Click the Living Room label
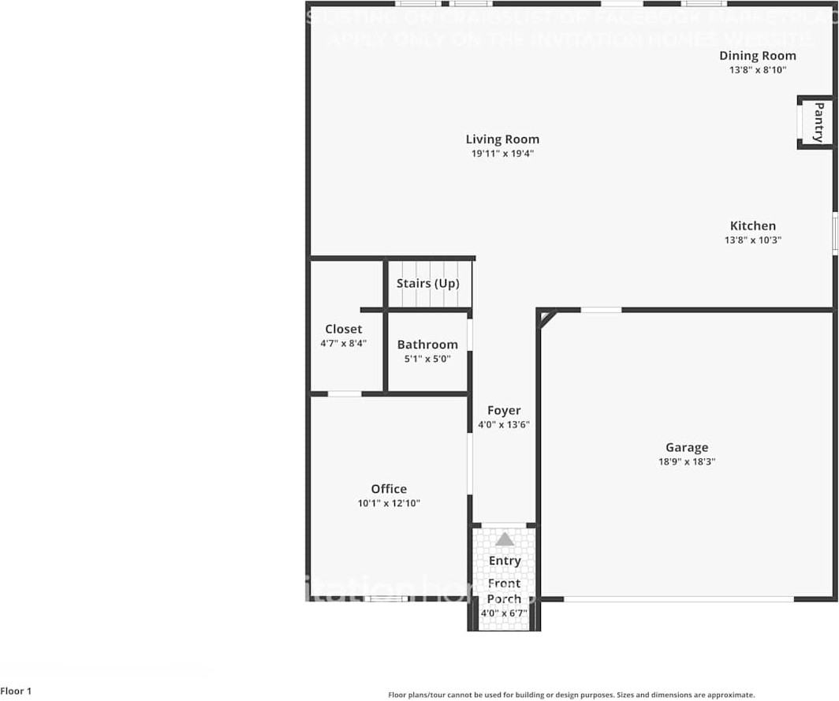point(502,140)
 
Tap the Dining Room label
point(757,55)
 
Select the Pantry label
point(818,122)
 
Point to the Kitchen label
point(752,226)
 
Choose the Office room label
point(389,489)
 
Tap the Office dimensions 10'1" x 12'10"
point(389,503)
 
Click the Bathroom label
point(427,345)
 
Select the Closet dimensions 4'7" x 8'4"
point(344,343)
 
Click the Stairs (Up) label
point(427,283)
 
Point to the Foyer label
point(504,410)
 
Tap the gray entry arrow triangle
point(505,539)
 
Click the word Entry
point(505,561)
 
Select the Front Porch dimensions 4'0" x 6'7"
point(504,613)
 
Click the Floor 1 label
point(16,692)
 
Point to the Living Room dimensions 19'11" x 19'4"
point(502,154)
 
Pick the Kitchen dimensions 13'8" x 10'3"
point(752,240)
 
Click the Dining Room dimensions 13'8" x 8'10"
point(757,69)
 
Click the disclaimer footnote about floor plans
point(571,695)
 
